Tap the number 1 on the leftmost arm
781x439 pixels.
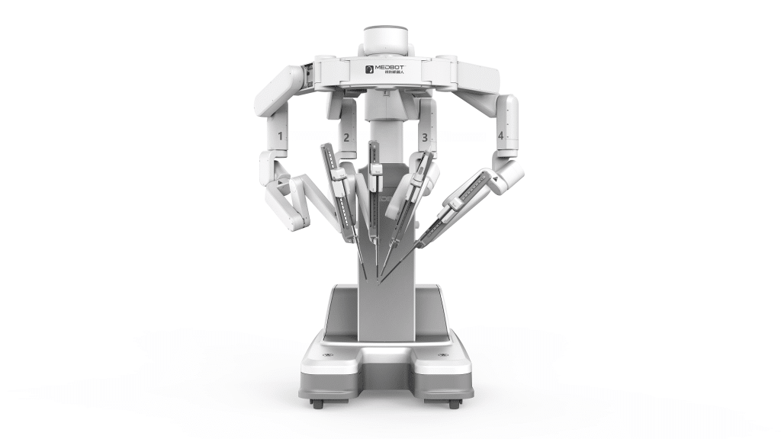pyautogui.click(x=281, y=137)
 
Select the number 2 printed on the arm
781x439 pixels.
pyautogui.click(x=346, y=137)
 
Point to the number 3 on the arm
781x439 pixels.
pyautogui.click(x=425, y=137)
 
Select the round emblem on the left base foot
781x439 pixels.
pyautogui.click(x=329, y=357)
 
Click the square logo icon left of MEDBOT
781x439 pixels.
pyautogui.click(x=370, y=69)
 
